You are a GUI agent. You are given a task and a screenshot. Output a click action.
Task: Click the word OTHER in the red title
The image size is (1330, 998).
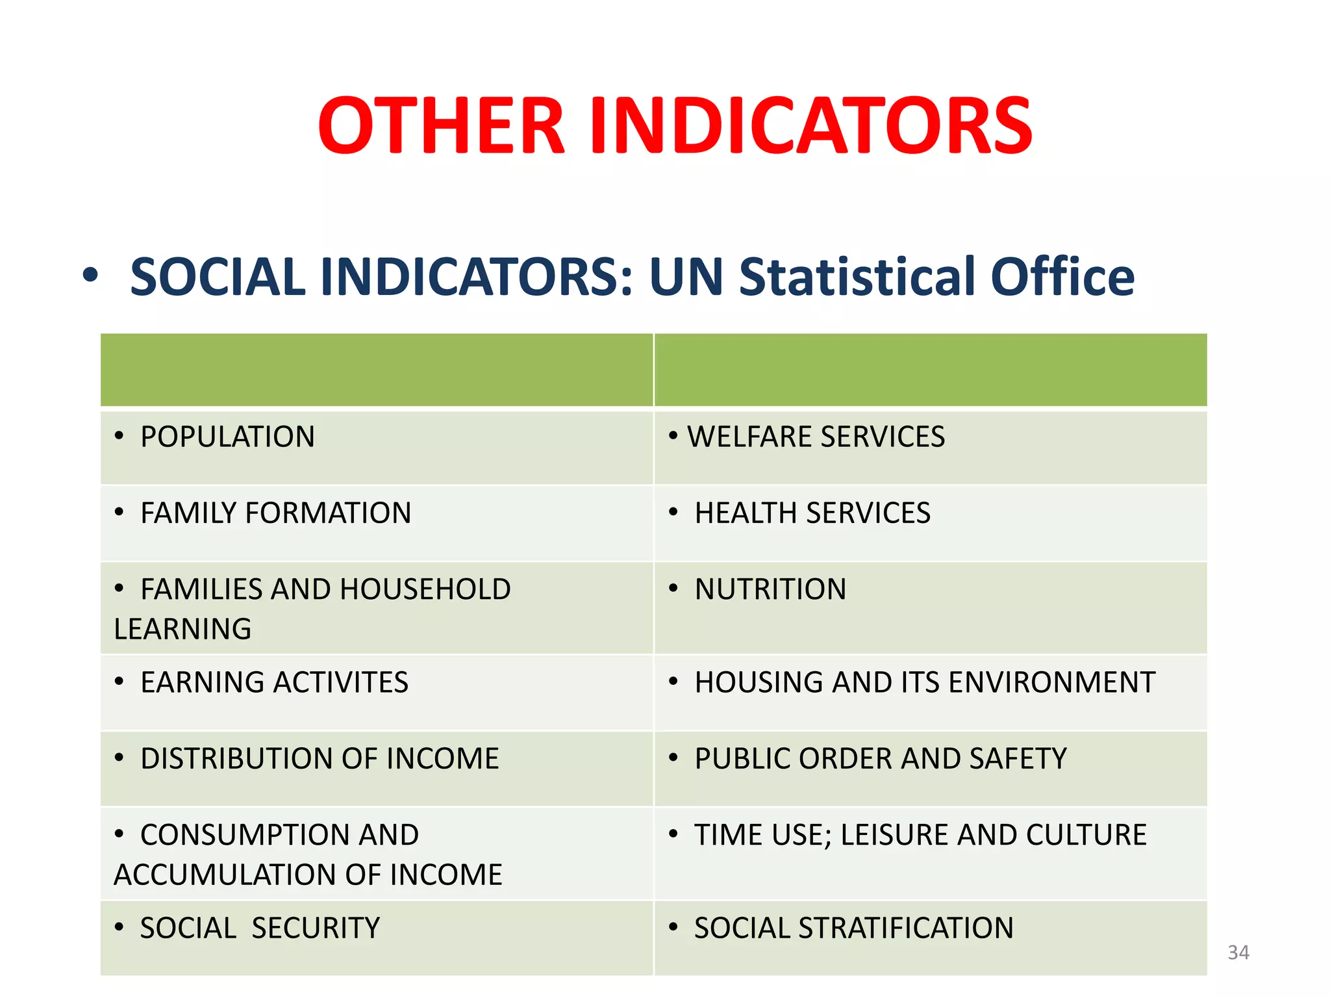[x=441, y=126]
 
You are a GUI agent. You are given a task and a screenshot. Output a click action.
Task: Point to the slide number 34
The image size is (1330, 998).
[x=1238, y=953]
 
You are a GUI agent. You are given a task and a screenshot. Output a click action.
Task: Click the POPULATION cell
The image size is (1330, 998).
[x=227, y=437]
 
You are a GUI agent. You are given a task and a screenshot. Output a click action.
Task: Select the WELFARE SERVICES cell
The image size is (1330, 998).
[x=816, y=437]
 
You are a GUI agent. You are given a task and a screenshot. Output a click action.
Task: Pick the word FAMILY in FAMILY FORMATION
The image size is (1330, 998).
[x=188, y=513]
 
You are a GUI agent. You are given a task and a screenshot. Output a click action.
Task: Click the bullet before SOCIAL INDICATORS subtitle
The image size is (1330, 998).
[x=90, y=276]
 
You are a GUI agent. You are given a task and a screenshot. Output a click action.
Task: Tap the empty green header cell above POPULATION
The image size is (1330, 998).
[x=376, y=370]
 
